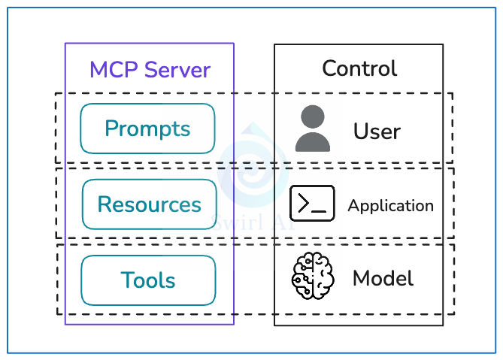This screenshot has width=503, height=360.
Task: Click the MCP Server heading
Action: [x=150, y=70]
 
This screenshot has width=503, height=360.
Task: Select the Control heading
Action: [x=359, y=68]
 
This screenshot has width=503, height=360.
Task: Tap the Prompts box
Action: [x=147, y=129]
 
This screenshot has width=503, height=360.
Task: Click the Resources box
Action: [x=149, y=204]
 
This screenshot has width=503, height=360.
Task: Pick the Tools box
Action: [x=148, y=280]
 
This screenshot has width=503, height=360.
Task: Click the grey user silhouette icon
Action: [x=312, y=129]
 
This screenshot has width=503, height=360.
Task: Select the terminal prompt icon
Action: [x=312, y=204]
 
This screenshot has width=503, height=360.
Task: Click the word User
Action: [x=377, y=132]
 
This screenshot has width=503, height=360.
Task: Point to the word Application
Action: [x=390, y=206]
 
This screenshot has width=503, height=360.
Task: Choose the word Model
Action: [x=383, y=279]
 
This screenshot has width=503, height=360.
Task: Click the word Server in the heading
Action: [x=178, y=70]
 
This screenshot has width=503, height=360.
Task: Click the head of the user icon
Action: [x=312, y=117]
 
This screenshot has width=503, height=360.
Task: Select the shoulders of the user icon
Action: [x=312, y=142]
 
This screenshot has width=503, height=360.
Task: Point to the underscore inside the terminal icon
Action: [x=320, y=211]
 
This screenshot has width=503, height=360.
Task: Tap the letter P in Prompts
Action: [x=111, y=129]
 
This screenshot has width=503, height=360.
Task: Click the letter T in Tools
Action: [x=126, y=280]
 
